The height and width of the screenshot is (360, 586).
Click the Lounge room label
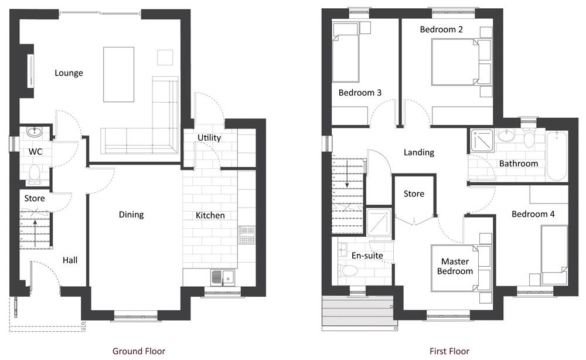click(x=69, y=73)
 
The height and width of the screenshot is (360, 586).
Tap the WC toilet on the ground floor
click(x=35, y=174)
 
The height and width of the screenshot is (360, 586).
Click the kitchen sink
click(x=223, y=278)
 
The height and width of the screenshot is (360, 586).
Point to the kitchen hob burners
click(x=247, y=235)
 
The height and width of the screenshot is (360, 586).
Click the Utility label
click(x=209, y=138)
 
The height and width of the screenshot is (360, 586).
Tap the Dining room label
click(x=131, y=215)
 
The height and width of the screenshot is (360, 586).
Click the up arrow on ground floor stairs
click(x=35, y=233)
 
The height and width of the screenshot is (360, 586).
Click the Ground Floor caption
click(x=139, y=351)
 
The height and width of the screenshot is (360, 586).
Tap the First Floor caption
click(x=449, y=351)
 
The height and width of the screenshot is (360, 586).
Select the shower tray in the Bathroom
click(x=482, y=140)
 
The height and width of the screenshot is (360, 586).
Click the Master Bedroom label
click(x=455, y=266)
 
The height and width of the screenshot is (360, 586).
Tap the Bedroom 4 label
click(x=533, y=214)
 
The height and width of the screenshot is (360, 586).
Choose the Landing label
click(x=419, y=152)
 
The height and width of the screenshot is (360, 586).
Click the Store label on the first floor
click(x=414, y=193)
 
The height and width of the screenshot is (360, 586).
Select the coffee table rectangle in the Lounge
click(x=119, y=74)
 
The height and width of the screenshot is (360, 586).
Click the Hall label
click(x=70, y=260)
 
